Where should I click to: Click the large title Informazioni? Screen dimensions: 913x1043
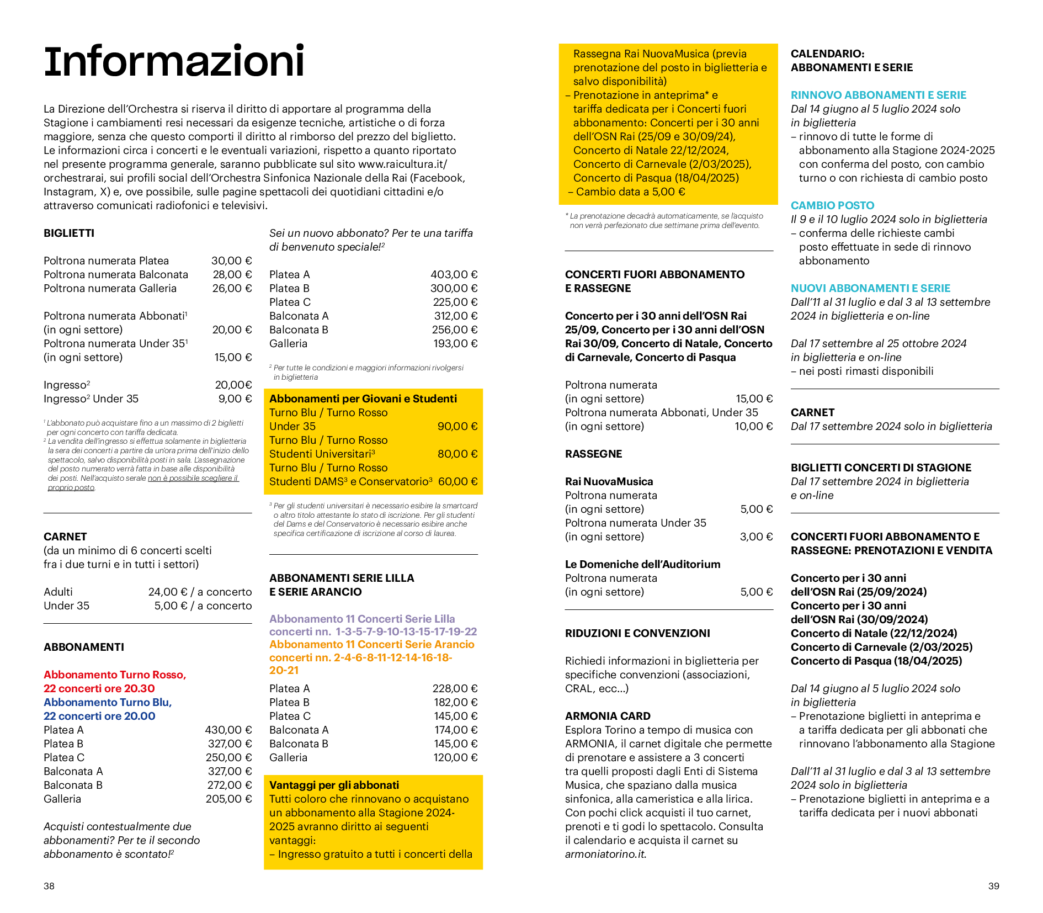[x=174, y=62]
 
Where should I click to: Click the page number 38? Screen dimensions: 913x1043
[x=49, y=886]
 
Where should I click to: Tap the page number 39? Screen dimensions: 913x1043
[x=993, y=886]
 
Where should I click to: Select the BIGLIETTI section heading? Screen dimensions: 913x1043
[x=69, y=233]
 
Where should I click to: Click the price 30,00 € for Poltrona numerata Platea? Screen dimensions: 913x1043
[x=231, y=261]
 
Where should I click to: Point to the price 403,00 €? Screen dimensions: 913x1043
[x=454, y=274]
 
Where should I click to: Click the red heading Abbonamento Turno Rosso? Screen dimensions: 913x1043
[x=115, y=675]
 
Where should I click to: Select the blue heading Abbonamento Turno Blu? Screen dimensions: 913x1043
[x=108, y=702]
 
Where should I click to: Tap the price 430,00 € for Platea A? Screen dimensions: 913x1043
[x=228, y=730]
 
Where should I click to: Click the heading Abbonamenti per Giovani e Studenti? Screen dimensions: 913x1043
[x=363, y=399]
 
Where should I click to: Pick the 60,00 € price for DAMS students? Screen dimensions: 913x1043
[x=457, y=481]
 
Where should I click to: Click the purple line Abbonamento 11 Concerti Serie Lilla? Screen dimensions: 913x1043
[x=362, y=619]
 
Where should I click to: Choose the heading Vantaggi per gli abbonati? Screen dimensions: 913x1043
[x=334, y=785]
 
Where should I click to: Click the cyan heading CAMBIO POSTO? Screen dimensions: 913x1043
[x=832, y=205]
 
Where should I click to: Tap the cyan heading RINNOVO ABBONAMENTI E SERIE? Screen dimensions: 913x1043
[x=879, y=95]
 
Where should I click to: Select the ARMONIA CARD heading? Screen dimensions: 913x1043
[x=608, y=716]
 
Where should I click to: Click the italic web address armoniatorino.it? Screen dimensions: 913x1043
[x=605, y=854]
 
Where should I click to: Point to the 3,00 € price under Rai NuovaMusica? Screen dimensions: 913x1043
[x=756, y=537]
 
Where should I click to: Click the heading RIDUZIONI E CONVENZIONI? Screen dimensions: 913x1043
[x=637, y=633]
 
